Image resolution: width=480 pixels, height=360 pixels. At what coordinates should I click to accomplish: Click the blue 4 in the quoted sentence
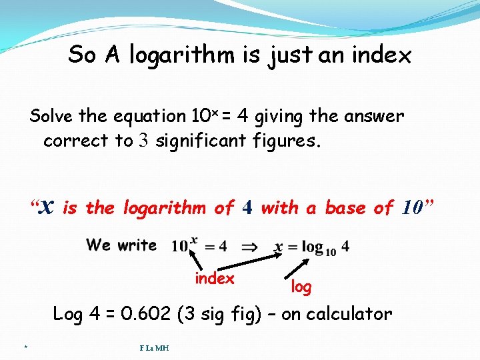[x=247, y=208]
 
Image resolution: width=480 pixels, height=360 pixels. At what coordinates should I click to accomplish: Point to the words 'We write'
[x=121, y=245]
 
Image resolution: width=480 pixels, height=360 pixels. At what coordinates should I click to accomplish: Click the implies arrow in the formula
[x=249, y=247]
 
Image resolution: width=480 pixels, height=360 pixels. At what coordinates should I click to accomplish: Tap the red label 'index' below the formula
[x=215, y=279]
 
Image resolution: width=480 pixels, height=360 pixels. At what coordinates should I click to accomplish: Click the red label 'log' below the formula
[x=301, y=287]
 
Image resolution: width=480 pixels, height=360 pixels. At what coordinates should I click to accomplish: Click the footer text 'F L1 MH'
[x=154, y=347]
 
